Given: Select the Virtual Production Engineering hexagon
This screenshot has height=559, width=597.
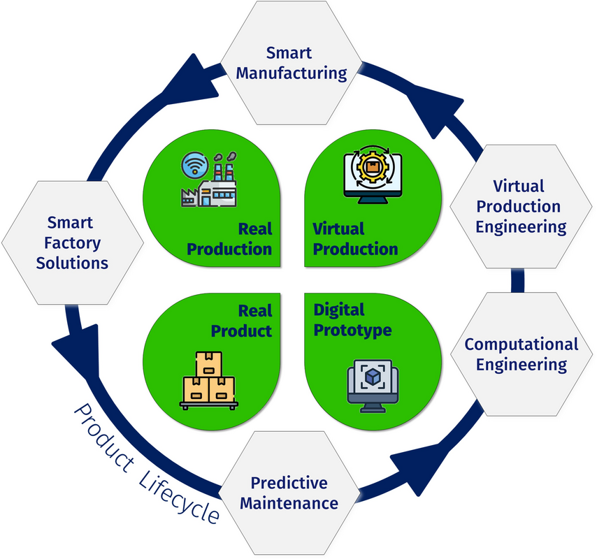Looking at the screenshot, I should pyautogui.click(x=518, y=206).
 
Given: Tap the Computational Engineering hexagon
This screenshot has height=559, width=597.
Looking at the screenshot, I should pyautogui.click(x=521, y=354).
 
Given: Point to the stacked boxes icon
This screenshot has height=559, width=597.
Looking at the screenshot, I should pyautogui.click(x=208, y=380).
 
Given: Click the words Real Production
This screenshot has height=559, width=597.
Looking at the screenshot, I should pyautogui.click(x=229, y=239).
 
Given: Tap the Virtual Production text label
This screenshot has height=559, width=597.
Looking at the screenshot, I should pyautogui.click(x=354, y=239).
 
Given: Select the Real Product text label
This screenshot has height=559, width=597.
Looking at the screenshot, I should pyautogui.click(x=242, y=320).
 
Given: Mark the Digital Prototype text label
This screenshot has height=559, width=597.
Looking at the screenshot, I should pyautogui.click(x=352, y=319).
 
